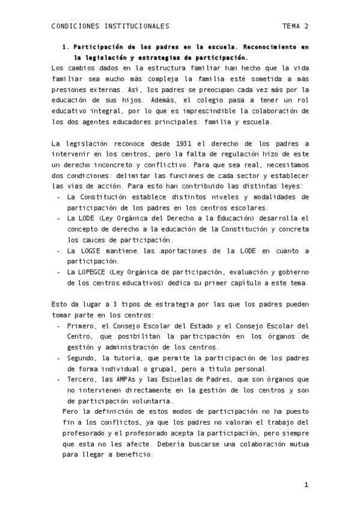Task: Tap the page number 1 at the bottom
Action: [306, 485]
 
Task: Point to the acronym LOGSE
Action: [90, 250]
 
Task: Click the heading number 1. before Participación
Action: [66, 46]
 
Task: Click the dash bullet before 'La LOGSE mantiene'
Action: [58, 250]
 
